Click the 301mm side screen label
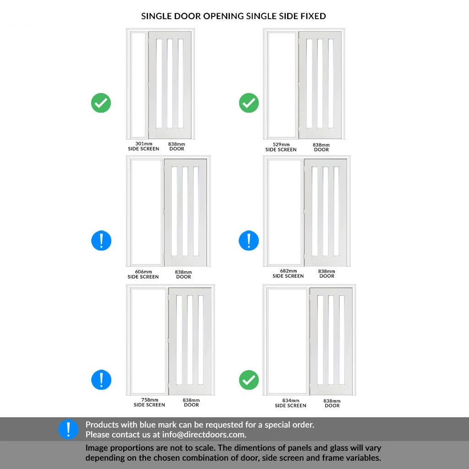pos(143,146)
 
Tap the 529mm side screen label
pos(281,147)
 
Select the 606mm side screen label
pos(143,274)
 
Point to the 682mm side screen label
pos(288,273)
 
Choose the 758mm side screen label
pos(149,402)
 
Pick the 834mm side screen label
pos(290,403)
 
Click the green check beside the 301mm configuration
pos(101,103)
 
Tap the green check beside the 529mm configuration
pos(249,103)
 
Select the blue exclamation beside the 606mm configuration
pos(101,240)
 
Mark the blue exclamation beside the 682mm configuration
pos(249,240)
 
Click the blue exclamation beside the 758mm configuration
pos(101,380)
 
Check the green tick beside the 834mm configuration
pos(249,380)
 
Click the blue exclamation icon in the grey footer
pos(68,429)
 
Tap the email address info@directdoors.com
pos(204,435)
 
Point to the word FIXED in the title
pos(313,16)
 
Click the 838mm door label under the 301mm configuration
pos(177,146)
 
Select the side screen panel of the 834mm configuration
pos(287,341)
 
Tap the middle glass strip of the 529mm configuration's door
pos(320,84)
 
